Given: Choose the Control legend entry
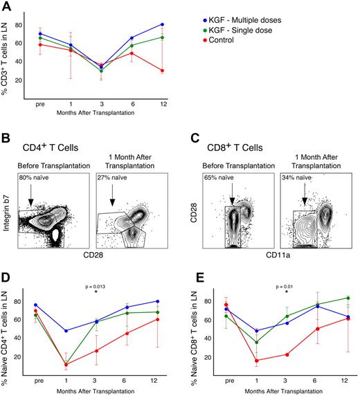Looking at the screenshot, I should pos(220,40).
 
